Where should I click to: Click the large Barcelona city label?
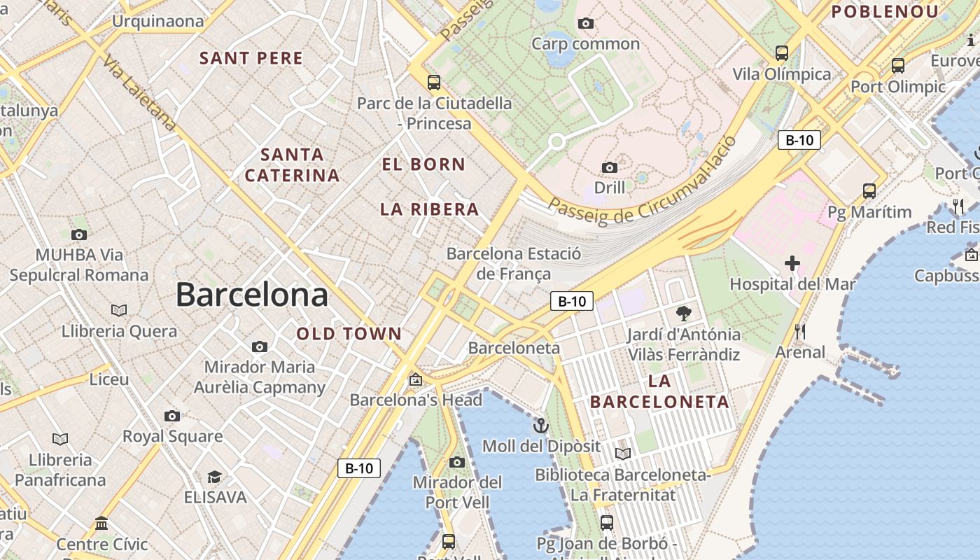251,294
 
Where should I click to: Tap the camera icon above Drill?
610,167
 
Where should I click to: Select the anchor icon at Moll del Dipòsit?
540,426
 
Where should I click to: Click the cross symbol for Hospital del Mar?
792,263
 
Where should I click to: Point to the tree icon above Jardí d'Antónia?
684,313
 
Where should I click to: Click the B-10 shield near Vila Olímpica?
799,139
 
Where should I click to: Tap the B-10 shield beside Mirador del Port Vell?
359,468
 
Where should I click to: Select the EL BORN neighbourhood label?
423,164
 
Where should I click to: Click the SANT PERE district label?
251,58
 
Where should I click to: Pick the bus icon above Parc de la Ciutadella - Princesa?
434,83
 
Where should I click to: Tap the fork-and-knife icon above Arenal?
799,331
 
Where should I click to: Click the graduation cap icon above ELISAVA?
214,477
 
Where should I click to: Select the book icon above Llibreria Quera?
119,310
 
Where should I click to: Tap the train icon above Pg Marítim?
869,190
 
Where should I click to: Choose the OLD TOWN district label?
349,334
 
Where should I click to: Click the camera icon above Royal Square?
172,416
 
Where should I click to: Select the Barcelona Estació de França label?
514,263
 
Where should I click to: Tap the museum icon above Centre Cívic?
101,523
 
